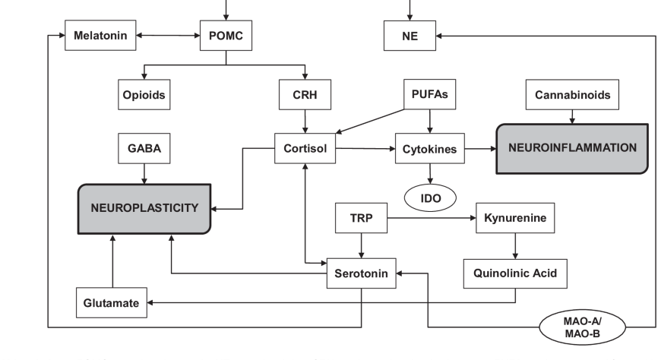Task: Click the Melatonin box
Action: click(100, 36)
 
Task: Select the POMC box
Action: click(226, 36)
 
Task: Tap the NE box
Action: click(410, 36)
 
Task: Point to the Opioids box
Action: click(144, 96)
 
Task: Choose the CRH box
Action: click(305, 96)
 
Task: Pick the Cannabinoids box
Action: click(572, 96)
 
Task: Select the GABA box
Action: click(144, 149)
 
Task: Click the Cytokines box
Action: click(429, 149)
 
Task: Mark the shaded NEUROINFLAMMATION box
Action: click(572, 147)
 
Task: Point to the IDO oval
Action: click(429, 197)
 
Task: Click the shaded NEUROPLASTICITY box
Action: click(144, 207)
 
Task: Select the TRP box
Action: click(361, 219)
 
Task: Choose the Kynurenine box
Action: click(515, 219)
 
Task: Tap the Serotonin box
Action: click(361, 273)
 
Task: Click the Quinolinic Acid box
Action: click(515, 273)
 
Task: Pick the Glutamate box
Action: click(112, 303)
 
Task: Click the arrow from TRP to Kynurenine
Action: click(431, 219)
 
